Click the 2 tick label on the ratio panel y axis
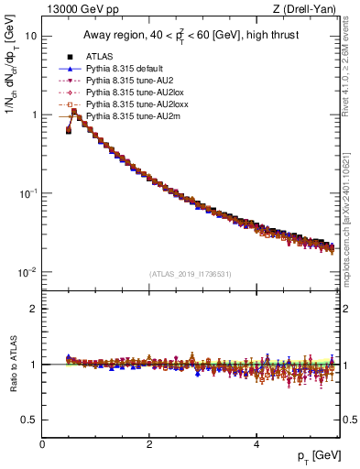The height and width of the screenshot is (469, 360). click(x=34, y=309)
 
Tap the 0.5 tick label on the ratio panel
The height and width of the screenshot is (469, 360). click(x=29, y=420)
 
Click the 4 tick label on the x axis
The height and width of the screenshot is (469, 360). click(x=256, y=444)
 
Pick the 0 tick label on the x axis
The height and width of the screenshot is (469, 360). click(x=42, y=444)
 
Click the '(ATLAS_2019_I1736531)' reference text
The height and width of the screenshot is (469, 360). click(x=190, y=274)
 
